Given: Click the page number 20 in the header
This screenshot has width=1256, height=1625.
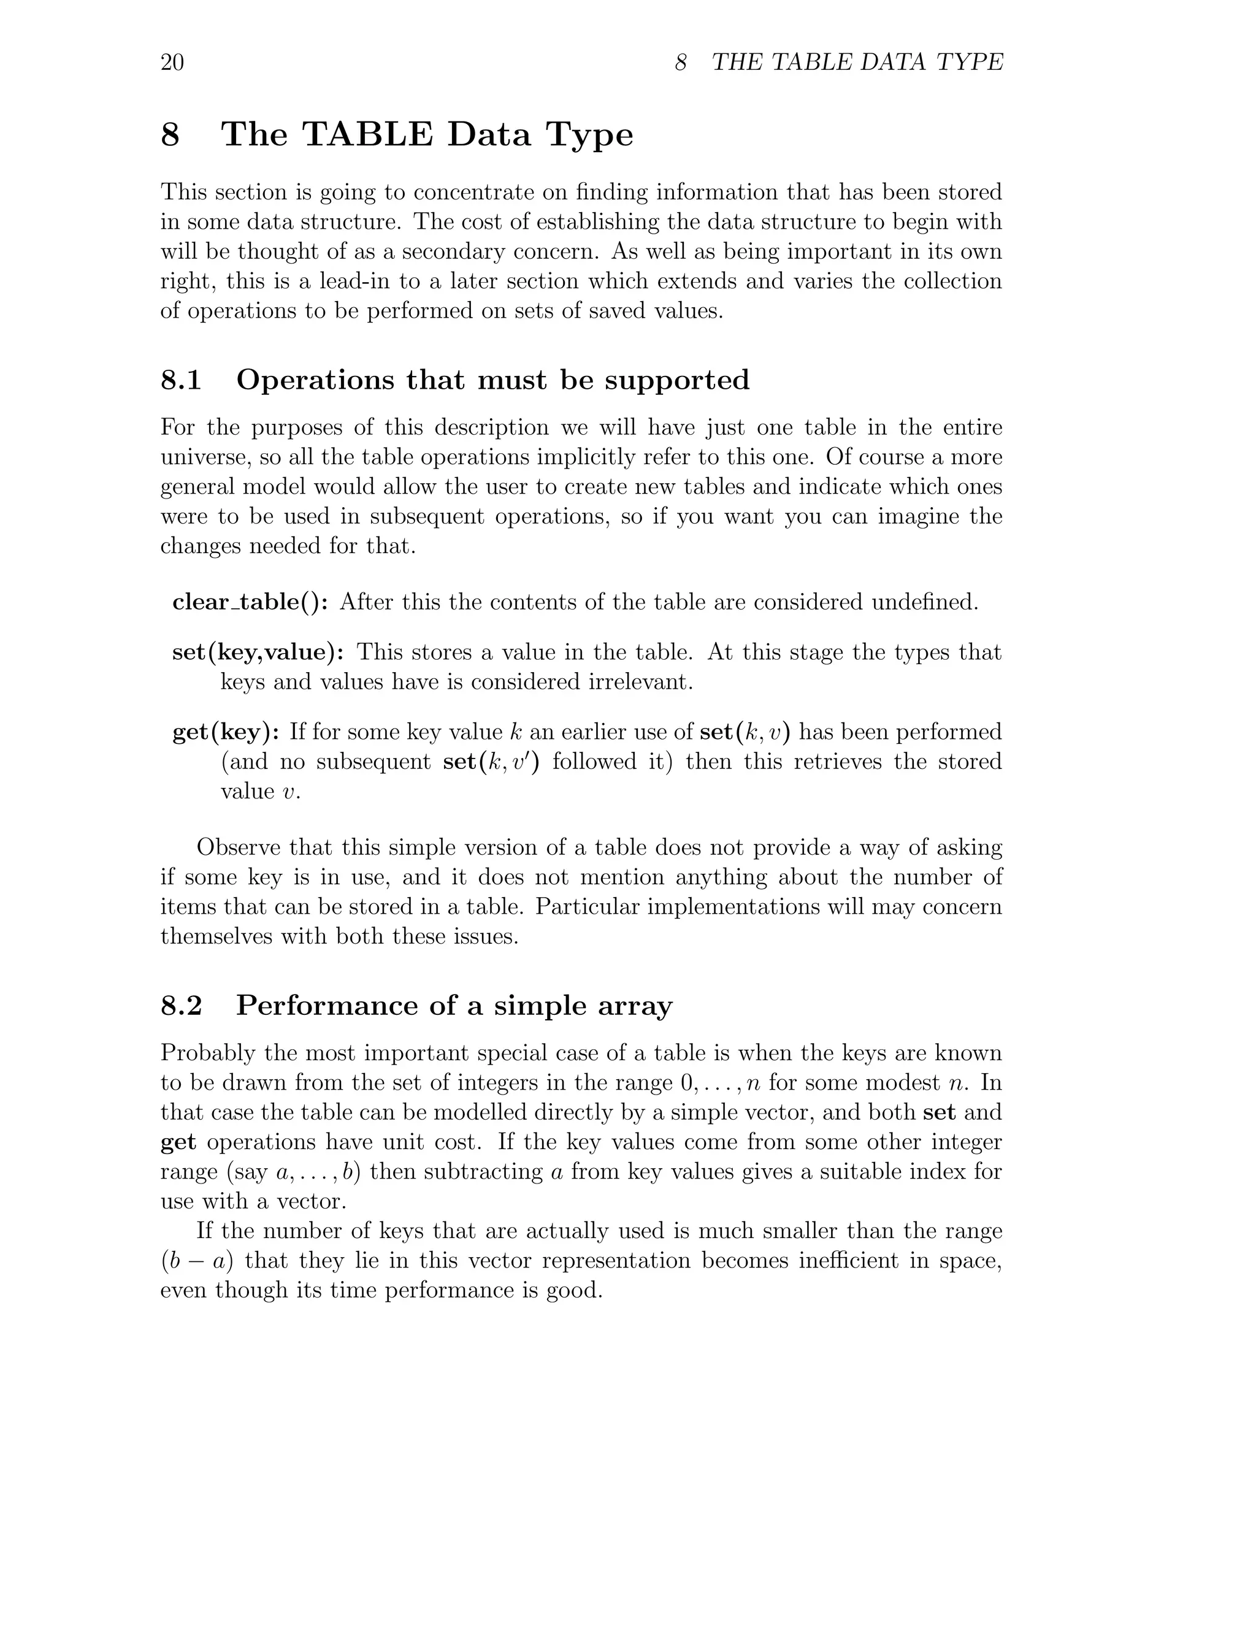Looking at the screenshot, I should tap(172, 63).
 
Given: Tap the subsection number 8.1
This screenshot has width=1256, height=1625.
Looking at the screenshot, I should tap(181, 380).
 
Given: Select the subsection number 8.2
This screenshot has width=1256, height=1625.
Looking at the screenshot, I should tap(181, 1006).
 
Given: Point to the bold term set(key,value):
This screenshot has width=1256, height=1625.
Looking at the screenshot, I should tap(258, 652).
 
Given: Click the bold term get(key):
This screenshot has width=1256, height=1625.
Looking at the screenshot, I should tap(226, 732).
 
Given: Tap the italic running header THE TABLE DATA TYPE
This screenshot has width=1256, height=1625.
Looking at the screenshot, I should tap(857, 63).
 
